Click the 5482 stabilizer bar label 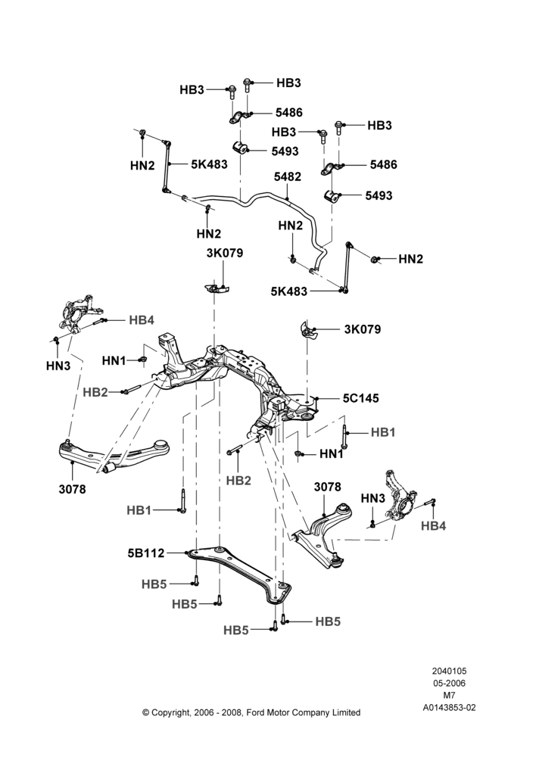pos(288,176)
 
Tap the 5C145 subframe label pos(360,398)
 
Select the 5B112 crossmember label pos(146,553)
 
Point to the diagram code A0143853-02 pos(449,708)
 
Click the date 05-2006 pos(449,683)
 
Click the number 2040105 pos(449,671)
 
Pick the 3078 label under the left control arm pos(73,489)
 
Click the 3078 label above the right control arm pos(327,487)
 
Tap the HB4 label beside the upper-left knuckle pos(142,320)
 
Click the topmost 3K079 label pos(225,253)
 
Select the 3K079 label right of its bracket pos(362,329)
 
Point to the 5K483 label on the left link pos(209,164)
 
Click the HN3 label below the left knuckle pos(58,366)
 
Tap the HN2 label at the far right pos(411,259)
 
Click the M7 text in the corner pos(449,696)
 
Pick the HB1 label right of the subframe pos(383,432)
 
